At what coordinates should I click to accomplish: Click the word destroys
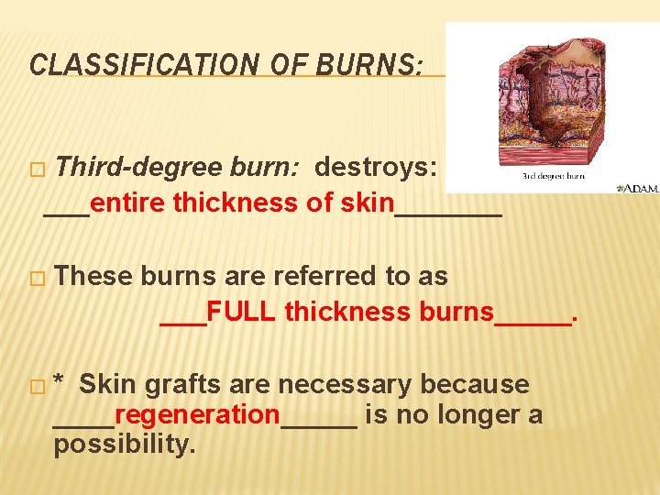tap(376, 168)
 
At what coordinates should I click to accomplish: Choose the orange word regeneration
tap(197, 415)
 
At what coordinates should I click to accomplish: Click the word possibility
tap(125, 445)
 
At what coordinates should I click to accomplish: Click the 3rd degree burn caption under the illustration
tap(553, 175)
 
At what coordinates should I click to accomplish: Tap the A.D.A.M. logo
tap(638, 188)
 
